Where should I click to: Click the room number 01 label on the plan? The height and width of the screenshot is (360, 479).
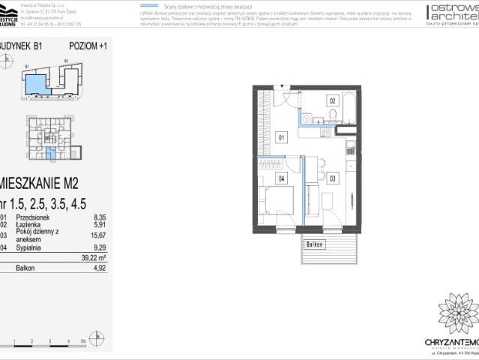281,137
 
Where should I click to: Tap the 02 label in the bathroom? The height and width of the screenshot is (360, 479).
331,100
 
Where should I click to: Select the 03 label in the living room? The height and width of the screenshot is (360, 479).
331,178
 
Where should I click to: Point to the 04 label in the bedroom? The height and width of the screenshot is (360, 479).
281,178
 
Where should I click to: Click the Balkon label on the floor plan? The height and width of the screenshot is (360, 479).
315,244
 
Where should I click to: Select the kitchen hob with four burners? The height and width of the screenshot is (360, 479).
325,132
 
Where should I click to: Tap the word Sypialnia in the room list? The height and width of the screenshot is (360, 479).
31,245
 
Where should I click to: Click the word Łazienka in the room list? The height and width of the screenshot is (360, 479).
31,223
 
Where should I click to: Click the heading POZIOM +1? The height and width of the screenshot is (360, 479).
88,46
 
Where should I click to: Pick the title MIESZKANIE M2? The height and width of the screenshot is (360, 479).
41,181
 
